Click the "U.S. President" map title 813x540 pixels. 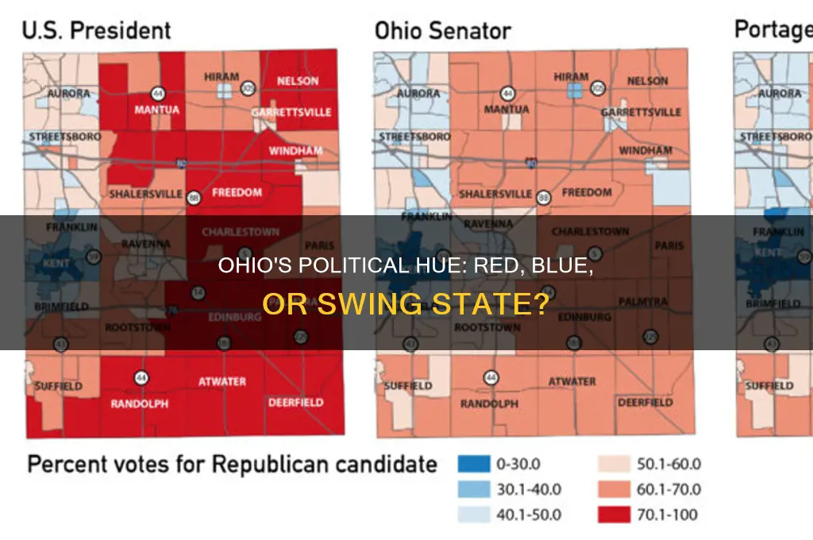96,30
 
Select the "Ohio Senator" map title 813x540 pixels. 443,31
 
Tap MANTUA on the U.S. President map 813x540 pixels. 156,110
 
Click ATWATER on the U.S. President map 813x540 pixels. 222,381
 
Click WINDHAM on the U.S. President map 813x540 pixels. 292,150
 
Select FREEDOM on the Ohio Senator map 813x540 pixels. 587,192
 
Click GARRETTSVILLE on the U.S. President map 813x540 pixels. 291,113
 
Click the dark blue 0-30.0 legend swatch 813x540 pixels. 475,464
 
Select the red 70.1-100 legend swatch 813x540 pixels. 614,515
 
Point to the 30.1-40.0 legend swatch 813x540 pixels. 475,489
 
